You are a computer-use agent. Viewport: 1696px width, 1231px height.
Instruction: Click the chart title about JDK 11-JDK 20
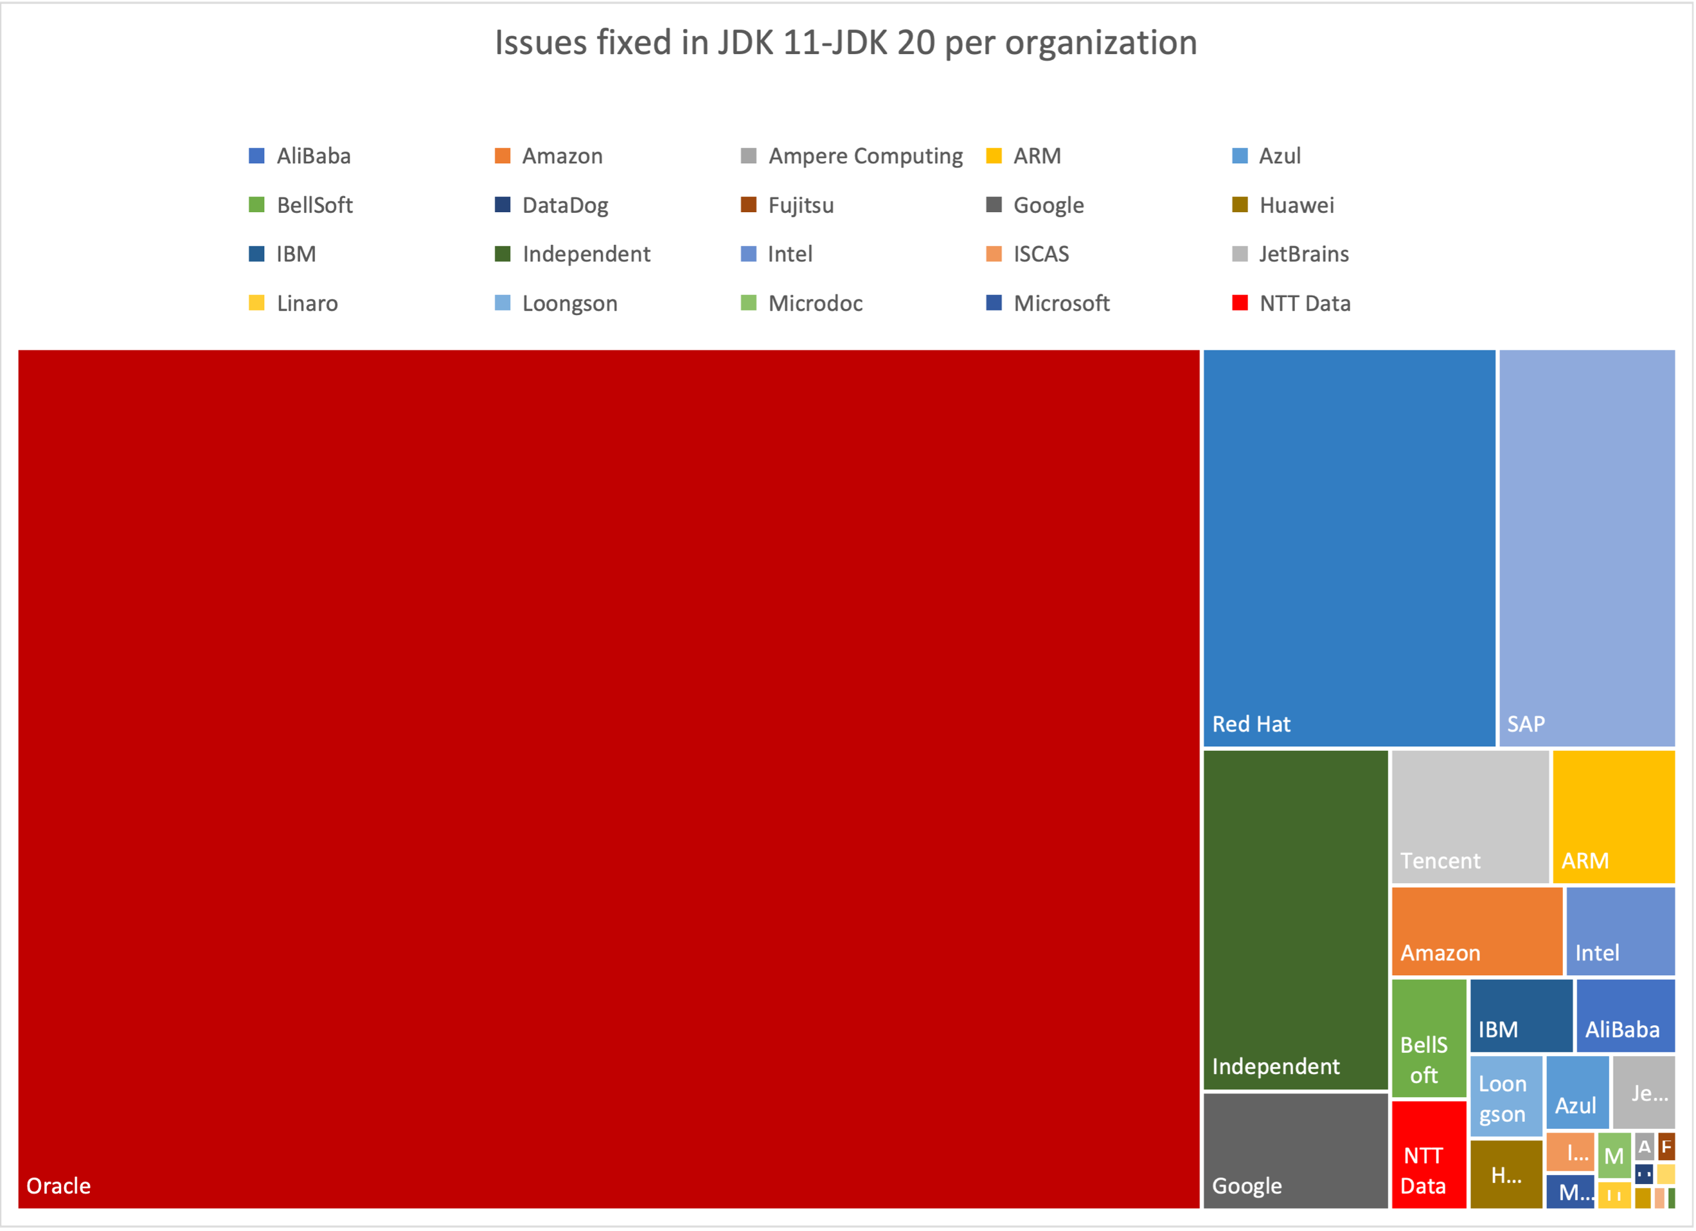[x=846, y=42]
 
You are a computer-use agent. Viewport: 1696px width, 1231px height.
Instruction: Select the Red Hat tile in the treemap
[x=1349, y=548]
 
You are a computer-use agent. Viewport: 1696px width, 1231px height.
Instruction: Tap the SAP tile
[x=1586, y=548]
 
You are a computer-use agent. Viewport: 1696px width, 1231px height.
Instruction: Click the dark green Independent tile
[x=1295, y=919]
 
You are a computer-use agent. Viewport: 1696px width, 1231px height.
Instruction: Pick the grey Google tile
[x=1295, y=1149]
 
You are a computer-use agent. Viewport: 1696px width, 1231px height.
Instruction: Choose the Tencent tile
[x=1469, y=816]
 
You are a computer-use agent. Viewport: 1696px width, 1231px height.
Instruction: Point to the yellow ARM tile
[x=1613, y=816]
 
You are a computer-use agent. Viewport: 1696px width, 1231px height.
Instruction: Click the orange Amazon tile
[x=1476, y=930]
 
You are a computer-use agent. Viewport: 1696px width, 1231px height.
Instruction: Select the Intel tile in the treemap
[x=1620, y=930]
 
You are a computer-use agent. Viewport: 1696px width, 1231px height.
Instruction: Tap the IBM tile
[x=1521, y=1015]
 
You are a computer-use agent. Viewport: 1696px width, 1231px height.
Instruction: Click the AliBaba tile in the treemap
[x=1625, y=1015]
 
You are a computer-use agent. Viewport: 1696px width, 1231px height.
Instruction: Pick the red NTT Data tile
[x=1428, y=1154]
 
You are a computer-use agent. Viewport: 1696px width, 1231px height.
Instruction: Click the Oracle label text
[x=58, y=1185]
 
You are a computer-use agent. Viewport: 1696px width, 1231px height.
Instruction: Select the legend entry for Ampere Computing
[x=864, y=156]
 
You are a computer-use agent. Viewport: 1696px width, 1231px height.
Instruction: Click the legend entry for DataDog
[x=565, y=205]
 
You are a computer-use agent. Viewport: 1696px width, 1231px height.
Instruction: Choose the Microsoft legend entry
[x=1060, y=303]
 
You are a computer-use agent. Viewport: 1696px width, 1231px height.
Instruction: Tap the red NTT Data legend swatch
[x=1239, y=303]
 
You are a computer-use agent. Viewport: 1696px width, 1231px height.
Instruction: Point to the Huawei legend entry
[x=1296, y=205]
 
